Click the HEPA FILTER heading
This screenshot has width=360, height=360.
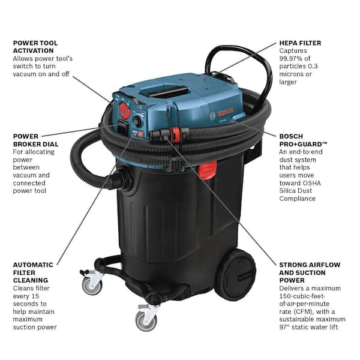click(300, 43)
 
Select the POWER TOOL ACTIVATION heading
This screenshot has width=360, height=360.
click(35, 47)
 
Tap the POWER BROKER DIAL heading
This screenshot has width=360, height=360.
click(35, 140)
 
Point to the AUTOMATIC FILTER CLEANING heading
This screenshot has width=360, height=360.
click(33, 272)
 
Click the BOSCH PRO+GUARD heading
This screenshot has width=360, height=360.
click(303, 140)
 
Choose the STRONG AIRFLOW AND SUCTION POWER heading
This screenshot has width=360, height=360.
click(310, 272)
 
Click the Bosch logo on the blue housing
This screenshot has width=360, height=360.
click(222, 113)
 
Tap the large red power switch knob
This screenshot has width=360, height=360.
click(124, 110)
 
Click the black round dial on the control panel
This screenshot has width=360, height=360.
click(137, 121)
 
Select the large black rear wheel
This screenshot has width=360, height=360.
click(236, 275)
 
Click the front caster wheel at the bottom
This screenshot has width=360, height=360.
click(146, 321)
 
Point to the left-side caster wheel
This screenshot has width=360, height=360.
click(92, 286)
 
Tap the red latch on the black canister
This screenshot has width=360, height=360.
click(207, 170)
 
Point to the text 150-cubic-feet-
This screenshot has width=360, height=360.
click(302, 296)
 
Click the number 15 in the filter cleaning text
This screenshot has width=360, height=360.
click(36, 296)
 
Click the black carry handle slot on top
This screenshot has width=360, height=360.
click(165, 91)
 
